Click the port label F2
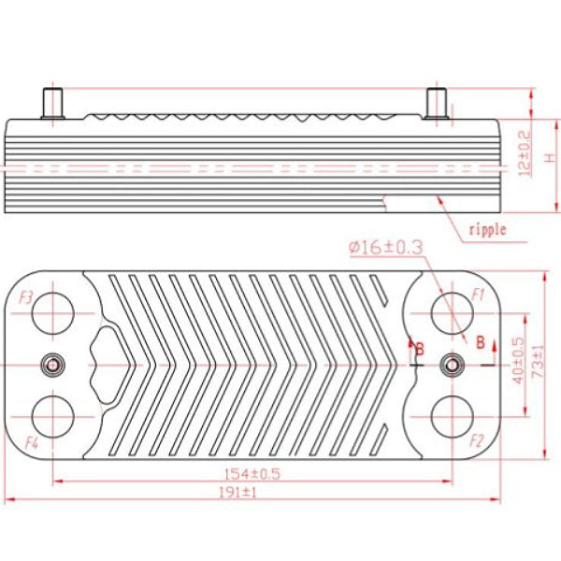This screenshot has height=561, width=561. [x=477, y=439]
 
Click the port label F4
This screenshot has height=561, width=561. [x=29, y=440]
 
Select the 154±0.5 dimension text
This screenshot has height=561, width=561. [x=250, y=473]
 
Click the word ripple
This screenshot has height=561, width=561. [x=486, y=229]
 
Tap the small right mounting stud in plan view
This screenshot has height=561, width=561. [x=454, y=365]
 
